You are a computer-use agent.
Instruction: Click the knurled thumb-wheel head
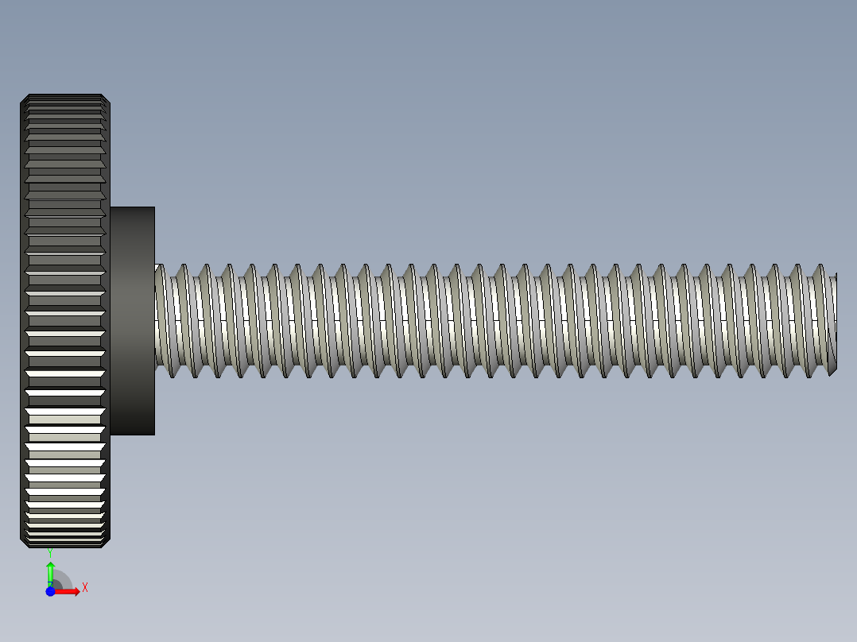[64, 318]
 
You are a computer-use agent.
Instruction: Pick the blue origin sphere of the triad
[50, 591]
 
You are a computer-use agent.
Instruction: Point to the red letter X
[85, 587]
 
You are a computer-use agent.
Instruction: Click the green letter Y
[49, 551]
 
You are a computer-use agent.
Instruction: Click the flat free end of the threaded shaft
[835, 322]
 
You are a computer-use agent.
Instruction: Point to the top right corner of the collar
[154, 207]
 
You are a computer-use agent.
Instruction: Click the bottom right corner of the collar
[154, 435]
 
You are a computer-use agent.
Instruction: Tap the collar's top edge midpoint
[132, 207]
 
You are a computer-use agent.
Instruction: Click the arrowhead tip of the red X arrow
[79, 591]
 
